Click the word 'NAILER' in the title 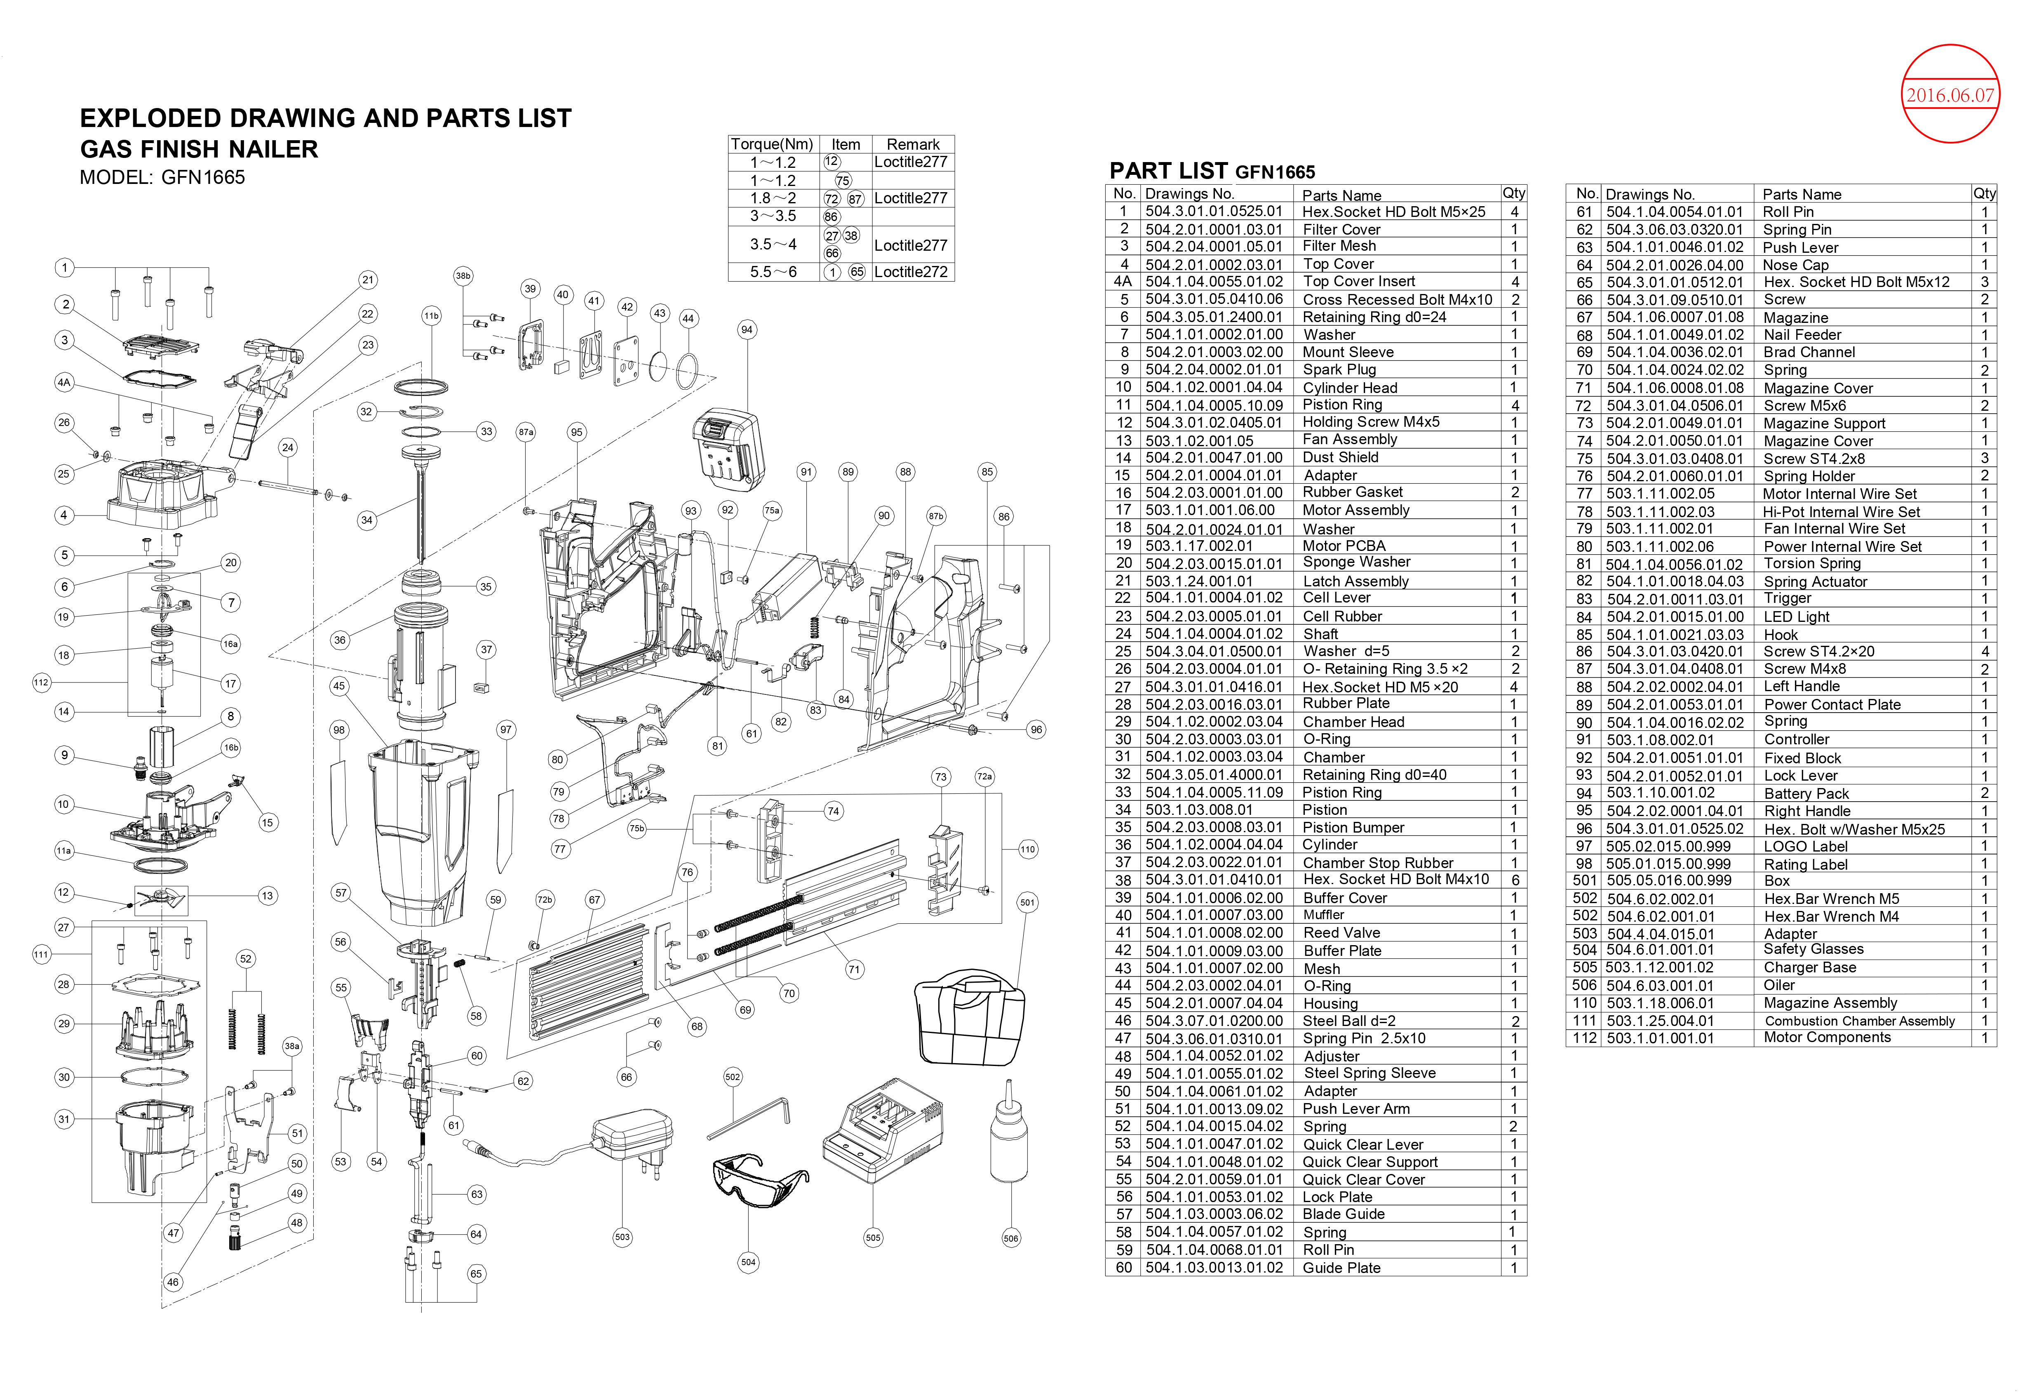(262, 148)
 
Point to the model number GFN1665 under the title (203, 177)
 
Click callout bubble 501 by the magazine (1027, 902)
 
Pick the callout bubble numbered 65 (476, 1274)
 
